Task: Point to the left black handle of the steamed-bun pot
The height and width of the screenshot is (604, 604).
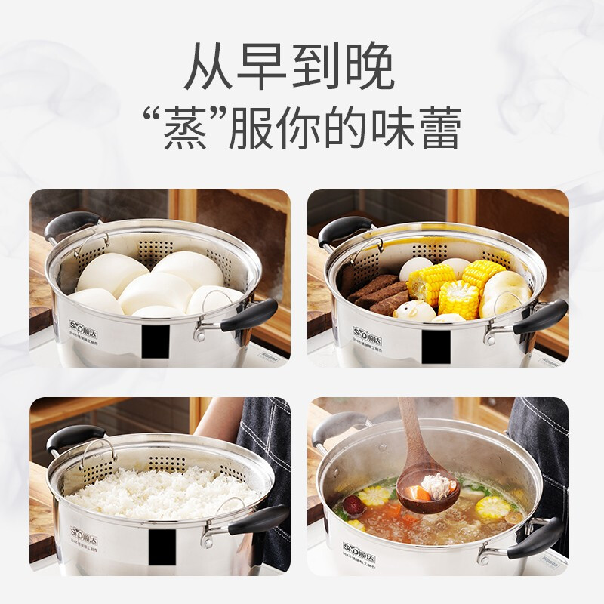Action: [x=70, y=224]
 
